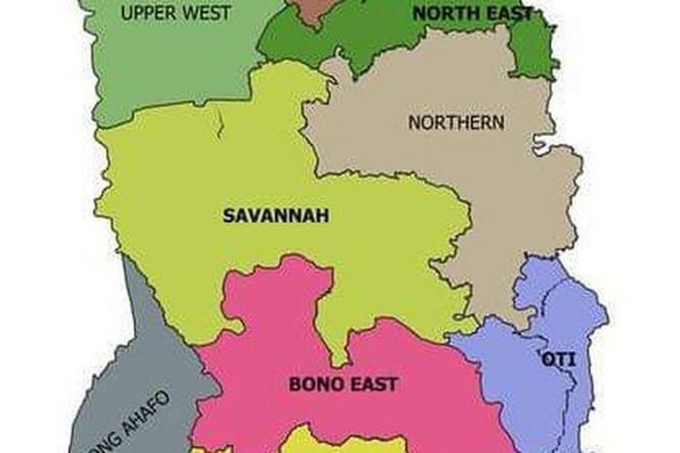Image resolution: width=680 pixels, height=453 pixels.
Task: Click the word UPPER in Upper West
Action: [143, 14]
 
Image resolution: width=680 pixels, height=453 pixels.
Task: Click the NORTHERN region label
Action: [457, 123]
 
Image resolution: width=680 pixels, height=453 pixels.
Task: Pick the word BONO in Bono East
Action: [313, 384]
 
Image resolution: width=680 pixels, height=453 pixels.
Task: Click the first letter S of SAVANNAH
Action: [228, 215]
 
